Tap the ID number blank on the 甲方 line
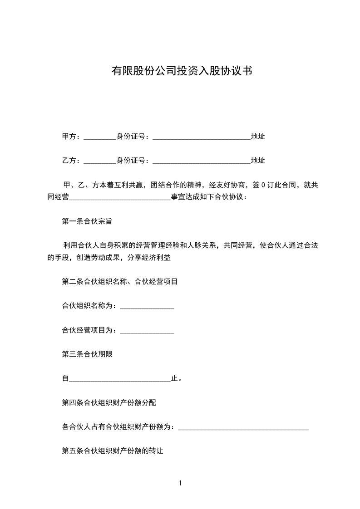202,137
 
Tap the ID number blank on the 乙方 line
202,161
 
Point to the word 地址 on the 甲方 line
258,136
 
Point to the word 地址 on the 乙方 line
258,160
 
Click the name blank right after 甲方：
100,137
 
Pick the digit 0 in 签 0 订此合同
263,185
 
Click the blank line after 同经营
120,198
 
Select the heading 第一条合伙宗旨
87,222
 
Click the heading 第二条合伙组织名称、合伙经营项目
120,282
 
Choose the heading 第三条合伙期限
87,354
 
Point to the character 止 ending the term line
174,378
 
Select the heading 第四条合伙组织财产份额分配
109,402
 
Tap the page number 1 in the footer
180,483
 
